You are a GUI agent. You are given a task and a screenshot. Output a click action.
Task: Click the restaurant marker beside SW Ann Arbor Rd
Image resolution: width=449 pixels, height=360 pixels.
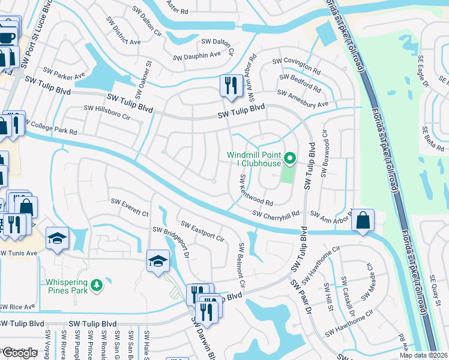point(231,85)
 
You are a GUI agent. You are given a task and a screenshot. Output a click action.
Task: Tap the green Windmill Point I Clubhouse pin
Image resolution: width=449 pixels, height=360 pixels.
point(290,159)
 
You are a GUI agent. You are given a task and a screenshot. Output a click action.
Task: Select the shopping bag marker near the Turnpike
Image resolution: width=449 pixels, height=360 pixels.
point(363,220)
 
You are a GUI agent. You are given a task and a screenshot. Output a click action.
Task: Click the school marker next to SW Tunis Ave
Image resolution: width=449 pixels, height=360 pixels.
point(58,238)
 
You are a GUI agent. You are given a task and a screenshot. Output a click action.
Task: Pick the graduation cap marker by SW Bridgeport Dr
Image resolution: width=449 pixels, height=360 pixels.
point(157,261)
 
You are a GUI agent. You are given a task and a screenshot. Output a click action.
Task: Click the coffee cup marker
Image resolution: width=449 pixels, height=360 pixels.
point(8,37)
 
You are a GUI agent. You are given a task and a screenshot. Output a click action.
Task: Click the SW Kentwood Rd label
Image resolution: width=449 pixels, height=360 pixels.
point(256,190)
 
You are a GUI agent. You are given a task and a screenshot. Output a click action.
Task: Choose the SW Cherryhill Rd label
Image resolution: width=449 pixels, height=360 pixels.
point(276,214)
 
